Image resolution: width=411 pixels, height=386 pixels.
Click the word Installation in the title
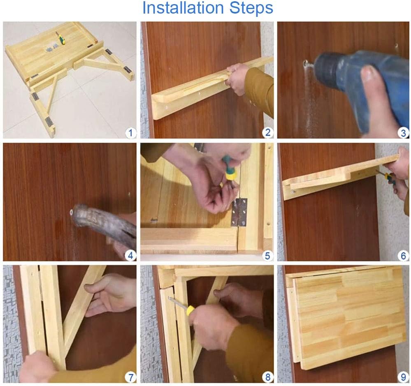coord(183,8)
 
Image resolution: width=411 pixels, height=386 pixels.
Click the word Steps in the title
coord(251,8)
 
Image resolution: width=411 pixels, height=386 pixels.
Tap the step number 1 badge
coord(130,133)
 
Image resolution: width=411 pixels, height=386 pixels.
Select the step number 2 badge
coord(267,132)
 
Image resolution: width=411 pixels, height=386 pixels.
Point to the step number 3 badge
coord(404,133)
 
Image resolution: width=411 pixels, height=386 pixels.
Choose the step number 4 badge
coord(130,255)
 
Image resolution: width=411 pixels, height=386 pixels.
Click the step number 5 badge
coord(267,255)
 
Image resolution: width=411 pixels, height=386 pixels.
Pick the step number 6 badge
coord(404,255)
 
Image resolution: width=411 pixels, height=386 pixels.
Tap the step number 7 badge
coord(130,377)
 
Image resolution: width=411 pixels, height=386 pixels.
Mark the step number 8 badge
coord(267,377)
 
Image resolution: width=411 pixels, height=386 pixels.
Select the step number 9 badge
coord(404,377)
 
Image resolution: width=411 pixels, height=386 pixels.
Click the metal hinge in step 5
coord(239,212)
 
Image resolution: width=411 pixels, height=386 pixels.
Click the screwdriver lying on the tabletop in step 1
coord(60,38)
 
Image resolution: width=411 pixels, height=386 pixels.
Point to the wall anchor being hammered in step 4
coord(71,212)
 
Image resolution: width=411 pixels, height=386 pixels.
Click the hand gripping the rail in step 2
coord(237,79)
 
